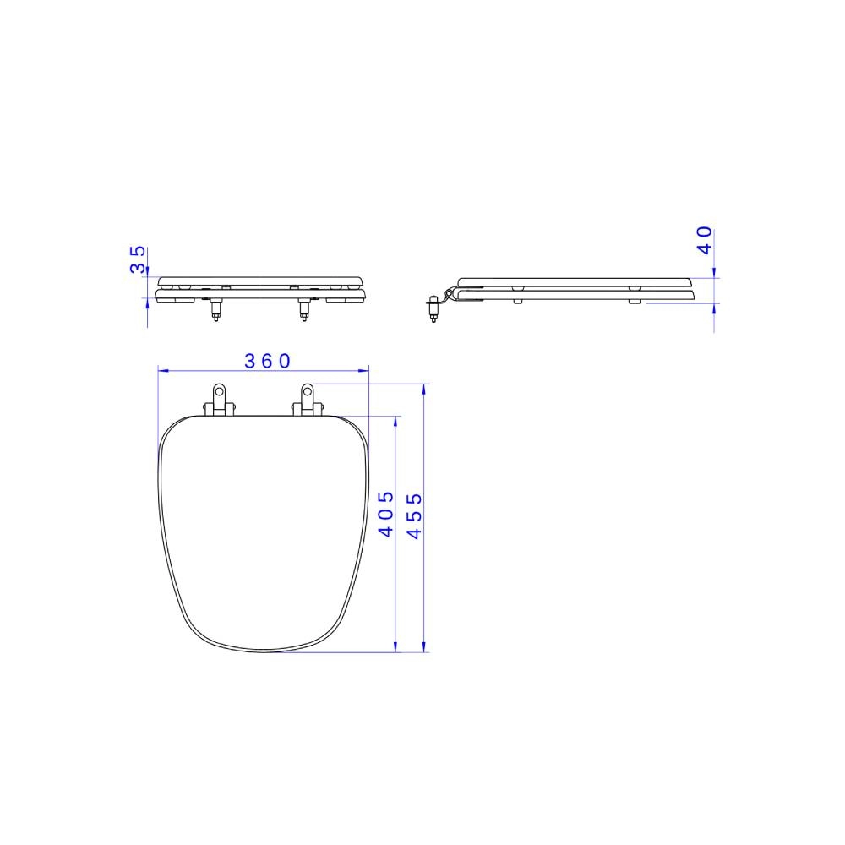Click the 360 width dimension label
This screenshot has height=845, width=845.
tap(267, 361)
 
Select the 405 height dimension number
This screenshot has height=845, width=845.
tap(386, 514)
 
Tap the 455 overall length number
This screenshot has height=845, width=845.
tap(414, 515)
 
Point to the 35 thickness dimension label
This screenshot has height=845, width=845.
tap(138, 259)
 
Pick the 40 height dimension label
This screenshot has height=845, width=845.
tap(705, 240)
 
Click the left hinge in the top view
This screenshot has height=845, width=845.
tap(219, 400)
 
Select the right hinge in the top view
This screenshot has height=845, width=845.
tap(308, 400)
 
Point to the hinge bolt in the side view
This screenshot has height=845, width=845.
tap(433, 308)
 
